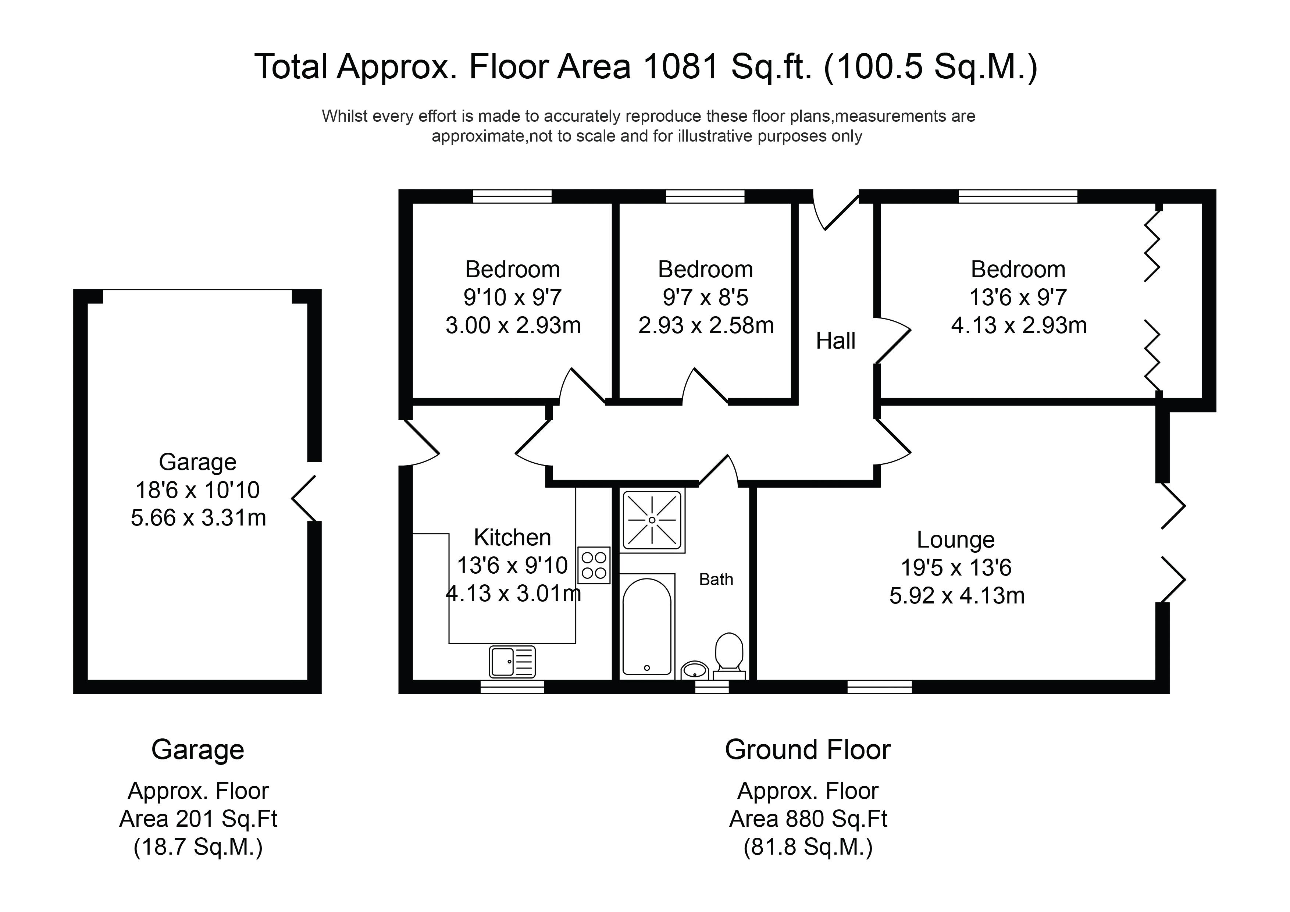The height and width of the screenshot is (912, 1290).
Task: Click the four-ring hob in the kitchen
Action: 594,565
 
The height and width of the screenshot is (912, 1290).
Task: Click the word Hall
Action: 835,341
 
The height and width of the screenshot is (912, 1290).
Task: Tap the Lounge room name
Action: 956,539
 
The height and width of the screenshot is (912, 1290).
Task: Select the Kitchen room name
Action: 512,538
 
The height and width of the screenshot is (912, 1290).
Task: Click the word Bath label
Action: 716,579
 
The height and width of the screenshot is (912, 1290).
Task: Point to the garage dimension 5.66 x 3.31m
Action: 198,517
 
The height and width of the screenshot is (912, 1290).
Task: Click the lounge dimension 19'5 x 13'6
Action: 956,567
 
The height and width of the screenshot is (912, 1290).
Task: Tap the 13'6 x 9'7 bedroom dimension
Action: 1018,297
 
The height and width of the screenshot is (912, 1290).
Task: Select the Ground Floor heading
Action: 808,749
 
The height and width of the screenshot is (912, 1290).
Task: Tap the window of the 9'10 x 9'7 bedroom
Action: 512,196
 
